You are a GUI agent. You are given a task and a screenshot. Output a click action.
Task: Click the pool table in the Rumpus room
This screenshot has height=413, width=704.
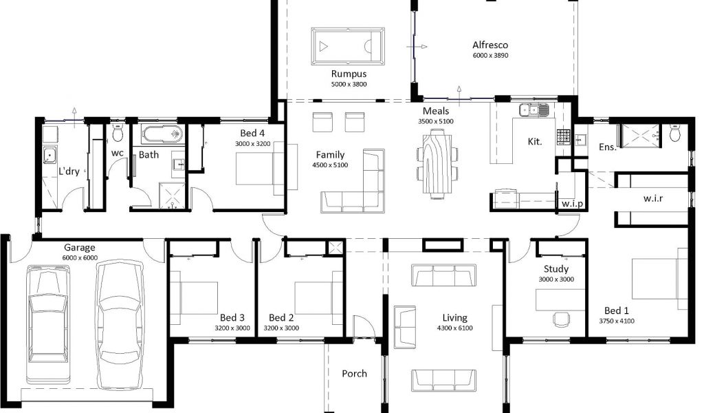(x=348, y=46)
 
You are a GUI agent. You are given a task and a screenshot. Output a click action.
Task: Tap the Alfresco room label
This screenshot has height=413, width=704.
(x=490, y=45)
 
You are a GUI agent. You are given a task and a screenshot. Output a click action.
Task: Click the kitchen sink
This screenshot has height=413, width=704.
(x=533, y=110)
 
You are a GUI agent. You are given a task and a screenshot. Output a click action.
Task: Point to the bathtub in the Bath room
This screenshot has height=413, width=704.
(x=162, y=134)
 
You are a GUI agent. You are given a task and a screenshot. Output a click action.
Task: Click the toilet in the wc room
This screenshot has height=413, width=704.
(x=118, y=134)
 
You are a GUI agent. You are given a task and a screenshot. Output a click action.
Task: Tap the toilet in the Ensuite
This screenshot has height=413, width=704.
(x=675, y=133)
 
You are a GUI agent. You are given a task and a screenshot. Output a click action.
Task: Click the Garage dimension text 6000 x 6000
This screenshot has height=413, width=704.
(x=80, y=258)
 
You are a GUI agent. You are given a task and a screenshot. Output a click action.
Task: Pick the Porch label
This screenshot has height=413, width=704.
(x=354, y=374)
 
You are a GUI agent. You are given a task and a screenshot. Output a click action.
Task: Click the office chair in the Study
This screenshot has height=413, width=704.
(x=561, y=319)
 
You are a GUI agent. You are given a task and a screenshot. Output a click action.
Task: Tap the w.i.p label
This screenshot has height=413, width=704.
(x=572, y=204)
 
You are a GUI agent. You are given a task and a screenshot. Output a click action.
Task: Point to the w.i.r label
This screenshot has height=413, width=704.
(x=653, y=198)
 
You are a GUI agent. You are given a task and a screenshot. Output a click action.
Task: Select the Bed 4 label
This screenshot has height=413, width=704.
(x=252, y=133)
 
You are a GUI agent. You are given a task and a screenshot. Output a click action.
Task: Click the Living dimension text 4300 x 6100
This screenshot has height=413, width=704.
(x=455, y=328)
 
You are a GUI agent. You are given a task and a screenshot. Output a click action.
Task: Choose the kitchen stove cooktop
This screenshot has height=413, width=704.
(x=564, y=136)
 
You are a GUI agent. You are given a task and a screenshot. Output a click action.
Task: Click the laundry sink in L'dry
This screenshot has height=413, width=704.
(x=49, y=156)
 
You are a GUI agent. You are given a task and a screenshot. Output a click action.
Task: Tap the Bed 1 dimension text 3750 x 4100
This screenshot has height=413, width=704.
(x=617, y=321)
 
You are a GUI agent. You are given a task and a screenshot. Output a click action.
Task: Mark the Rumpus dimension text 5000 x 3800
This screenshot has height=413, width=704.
(x=349, y=84)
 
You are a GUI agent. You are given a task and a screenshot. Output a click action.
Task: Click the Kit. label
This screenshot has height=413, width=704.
(x=535, y=142)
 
